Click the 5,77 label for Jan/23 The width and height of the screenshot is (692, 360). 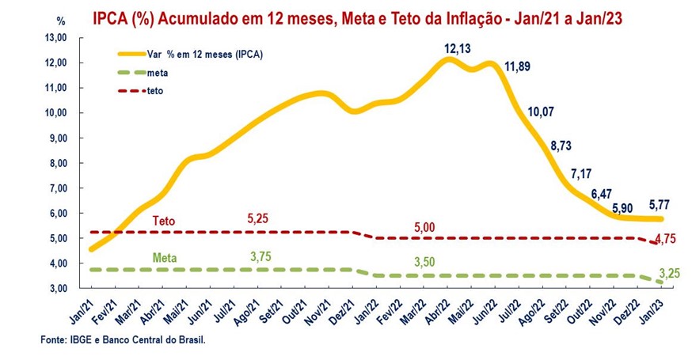661,204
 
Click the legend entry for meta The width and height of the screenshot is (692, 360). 157,73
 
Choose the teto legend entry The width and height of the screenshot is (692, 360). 155,91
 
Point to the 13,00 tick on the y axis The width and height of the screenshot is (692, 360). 58,37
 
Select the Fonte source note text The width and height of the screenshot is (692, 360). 127,340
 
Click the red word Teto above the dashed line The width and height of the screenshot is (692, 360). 164,222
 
